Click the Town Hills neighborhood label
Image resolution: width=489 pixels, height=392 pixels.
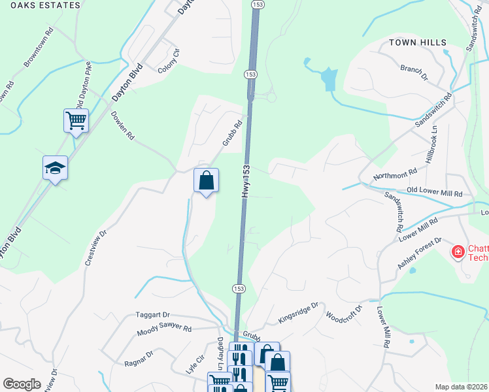pyautogui.click(x=418, y=42)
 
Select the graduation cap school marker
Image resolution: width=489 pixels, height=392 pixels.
pyautogui.click(x=56, y=169)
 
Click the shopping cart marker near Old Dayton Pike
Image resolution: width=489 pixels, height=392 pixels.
pyautogui.click(x=76, y=120)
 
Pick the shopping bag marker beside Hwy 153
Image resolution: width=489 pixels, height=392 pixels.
pyautogui.click(x=206, y=180)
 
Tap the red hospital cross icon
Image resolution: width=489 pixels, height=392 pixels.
pyautogui.click(x=458, y=251)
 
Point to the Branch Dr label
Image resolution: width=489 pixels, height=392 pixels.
pyautogui.click(x=413, y=73)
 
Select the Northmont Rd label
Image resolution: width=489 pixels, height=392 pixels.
pyautogui.click(x=395, y=174)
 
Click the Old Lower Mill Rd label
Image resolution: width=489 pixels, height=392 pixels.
pyautogui.click(x=434, y=193)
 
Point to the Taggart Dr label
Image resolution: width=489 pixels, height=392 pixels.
pyautogui.click(x=152, y=314)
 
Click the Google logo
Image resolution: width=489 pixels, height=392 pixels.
pyautogui.click(x=22, y=384)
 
